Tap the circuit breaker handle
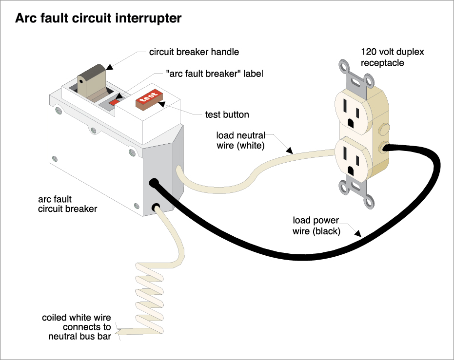(x=91, y=78)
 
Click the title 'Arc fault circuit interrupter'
(x=99, y=19)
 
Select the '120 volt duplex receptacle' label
(x=389, y=57)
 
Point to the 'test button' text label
(x=227, y=115)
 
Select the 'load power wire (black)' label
(x=316, y=226)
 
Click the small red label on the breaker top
(x=114, y=102)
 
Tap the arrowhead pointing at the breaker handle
(x=108, y=65)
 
